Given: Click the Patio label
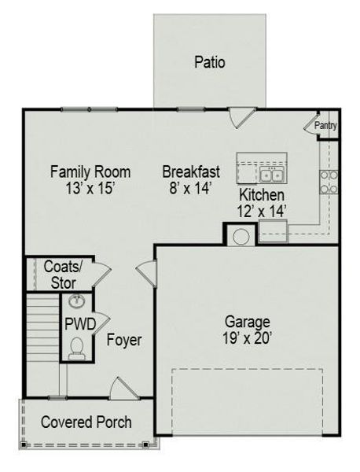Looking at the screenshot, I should click(x=210, y=61).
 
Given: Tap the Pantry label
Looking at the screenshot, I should click(x=325, y=125).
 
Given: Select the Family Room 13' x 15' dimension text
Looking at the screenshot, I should click(x=90, y=189).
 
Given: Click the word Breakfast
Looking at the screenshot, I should click(x=191, y=171).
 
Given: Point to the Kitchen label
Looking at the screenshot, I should click(x=261, y=194).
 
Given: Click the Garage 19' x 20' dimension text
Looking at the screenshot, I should click(x=248, y=338).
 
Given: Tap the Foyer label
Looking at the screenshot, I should click(x=124, y=341).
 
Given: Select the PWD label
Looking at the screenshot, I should click(x=79, y=323).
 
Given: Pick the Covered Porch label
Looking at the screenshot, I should click(x=86, y=422).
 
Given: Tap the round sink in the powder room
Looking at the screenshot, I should click(x=77, y=301).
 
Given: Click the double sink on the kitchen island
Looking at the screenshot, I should click(x=273, y=174).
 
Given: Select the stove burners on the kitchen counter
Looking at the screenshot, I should click(x=329, y=182).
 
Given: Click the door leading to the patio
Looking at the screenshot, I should click(x=240, y=119).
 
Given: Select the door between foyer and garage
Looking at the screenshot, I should click(x=146, y=273).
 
